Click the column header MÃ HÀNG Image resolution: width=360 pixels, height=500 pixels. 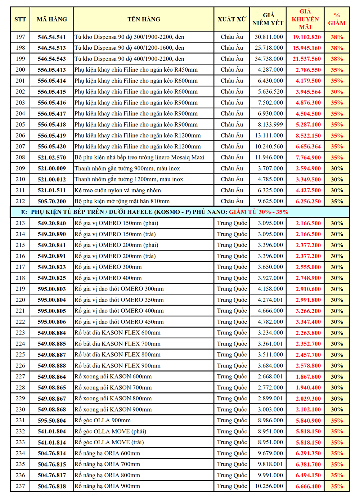[x=52, y=19]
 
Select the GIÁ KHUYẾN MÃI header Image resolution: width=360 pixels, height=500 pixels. [x=305, y=19]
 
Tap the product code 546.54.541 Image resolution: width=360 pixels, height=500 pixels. [x=52, y=37]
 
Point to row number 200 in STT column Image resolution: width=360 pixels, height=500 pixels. [x=21, y=70]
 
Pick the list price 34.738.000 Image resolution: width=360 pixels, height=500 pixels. [x=269, y=59]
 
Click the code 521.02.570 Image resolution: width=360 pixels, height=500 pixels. [x=52, y=157]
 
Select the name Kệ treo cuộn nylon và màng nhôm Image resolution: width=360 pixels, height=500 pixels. [x=118, y=190]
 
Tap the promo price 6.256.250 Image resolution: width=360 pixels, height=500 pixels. [x=308, y=201]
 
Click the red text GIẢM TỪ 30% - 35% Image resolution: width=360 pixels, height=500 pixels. [x=258, y=212]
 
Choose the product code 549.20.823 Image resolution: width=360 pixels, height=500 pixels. [x=52, y=267]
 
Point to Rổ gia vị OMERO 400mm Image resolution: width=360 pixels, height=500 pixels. [x=108, y=278]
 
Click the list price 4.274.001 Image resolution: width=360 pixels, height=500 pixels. [x=270, y=300]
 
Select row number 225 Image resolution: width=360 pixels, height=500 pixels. [x=21, y=355]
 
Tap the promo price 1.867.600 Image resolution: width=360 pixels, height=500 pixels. [x=308, y=377]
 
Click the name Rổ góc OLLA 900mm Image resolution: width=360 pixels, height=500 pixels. [x=103, y=420]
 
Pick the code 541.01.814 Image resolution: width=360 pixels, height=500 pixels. [x=52, y=442]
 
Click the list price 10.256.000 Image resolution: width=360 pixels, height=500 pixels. [x=269, y=486]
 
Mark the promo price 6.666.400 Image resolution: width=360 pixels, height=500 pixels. [x=308, y=486]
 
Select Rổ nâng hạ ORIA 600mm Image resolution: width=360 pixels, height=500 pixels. [x=107, y=453]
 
